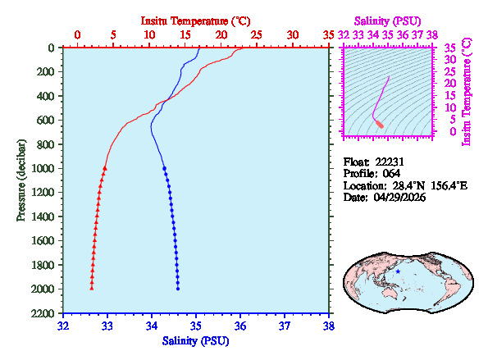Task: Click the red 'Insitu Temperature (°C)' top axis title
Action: [195, 20]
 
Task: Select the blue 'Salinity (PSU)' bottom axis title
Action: [196, 340]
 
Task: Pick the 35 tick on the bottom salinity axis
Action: [196, 326]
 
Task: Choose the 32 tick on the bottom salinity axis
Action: [63, 326]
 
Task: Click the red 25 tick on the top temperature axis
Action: [257, 35]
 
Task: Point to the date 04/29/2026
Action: [404, 198]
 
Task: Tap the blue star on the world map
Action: [398, 271]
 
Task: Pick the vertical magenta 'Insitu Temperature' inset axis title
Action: [467, 90]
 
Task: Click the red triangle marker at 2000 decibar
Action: [91, 289]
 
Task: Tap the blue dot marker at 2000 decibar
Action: [178, 289]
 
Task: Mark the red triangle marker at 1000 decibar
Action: [105, 168]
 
